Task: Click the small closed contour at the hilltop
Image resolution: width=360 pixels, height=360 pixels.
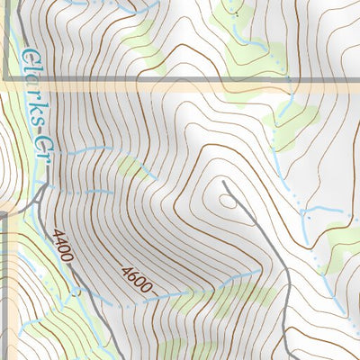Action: click(228, 201)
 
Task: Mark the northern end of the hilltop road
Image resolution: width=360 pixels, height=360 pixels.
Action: click(224, 183)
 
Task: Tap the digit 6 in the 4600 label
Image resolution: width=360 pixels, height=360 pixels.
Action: click(130, 274)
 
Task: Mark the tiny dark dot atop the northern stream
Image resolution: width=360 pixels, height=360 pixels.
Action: click(236, 14)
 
